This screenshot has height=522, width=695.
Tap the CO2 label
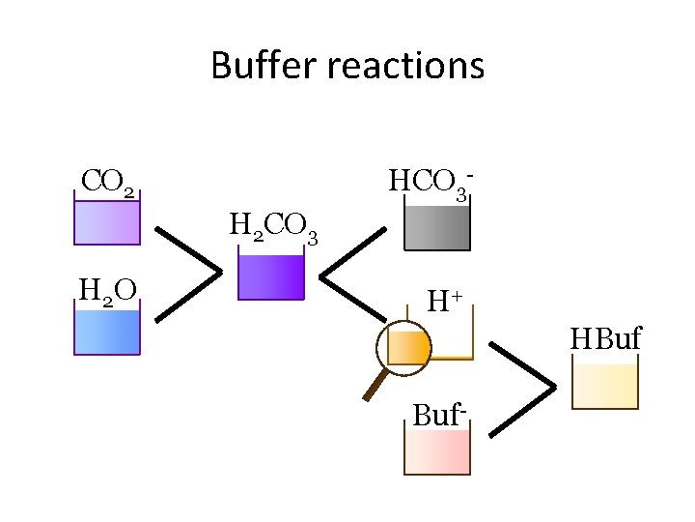107,181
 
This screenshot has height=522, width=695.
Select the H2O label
106,289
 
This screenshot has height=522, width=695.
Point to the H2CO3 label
273,228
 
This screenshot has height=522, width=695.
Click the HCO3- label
430,182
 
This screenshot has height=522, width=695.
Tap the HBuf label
605,339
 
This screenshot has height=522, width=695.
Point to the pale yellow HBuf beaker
605,386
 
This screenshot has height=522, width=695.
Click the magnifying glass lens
408,345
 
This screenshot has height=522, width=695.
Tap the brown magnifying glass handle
374,385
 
